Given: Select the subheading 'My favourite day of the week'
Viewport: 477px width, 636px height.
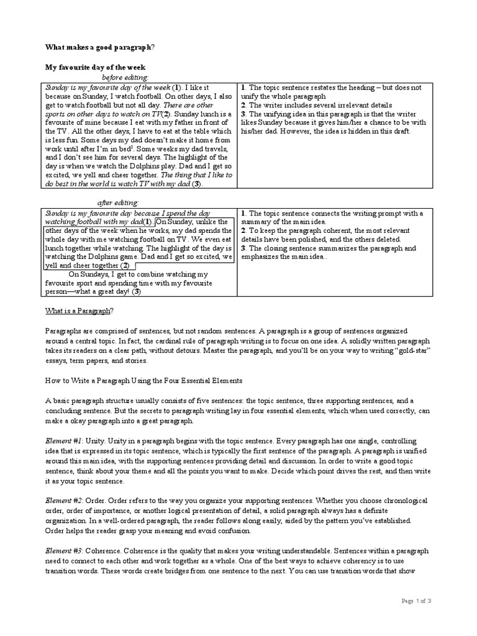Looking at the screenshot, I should (95, 67).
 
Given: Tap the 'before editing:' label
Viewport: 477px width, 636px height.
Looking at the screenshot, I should (125, 78).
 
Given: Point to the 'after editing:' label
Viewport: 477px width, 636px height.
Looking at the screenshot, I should (118, 203).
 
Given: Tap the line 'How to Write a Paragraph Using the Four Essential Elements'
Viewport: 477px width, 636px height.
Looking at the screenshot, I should (143, 380).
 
